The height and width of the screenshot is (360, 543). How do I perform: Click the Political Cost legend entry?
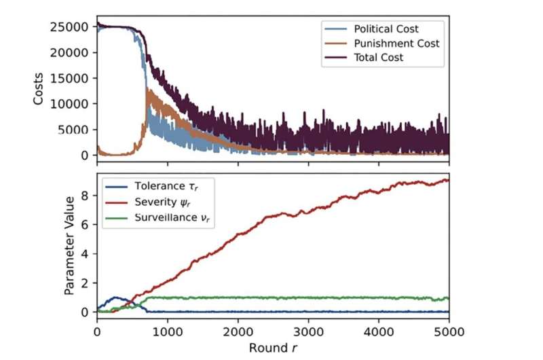pyautogui.click(x=386, y=29)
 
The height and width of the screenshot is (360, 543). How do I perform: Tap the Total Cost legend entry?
pyautogui.click(x=379, y=58)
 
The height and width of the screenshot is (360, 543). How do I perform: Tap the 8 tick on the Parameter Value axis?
pyautogui.click(x=86, y=196)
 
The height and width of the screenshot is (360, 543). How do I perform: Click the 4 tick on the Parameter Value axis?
pyautogui.click(x=86, y=254)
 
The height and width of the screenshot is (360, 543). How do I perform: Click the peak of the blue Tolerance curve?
pyautogui.click(x=117, y=298)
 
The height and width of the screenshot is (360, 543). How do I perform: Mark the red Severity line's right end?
pyautogui.click(x=448, y=180)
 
